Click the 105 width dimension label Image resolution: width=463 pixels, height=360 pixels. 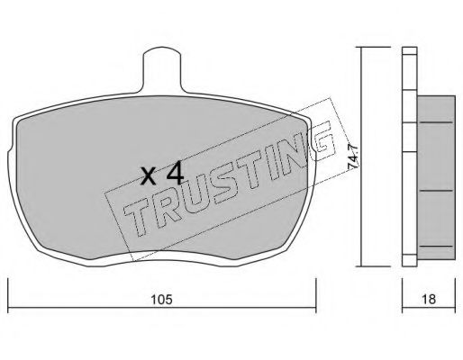coord(161,300)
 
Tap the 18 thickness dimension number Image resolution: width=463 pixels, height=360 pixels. coord(429,300)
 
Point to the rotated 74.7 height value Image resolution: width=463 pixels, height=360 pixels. coord(353,157)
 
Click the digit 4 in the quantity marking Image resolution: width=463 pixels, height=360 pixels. coord(175,174)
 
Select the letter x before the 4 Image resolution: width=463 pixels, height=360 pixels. coord(149,176)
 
